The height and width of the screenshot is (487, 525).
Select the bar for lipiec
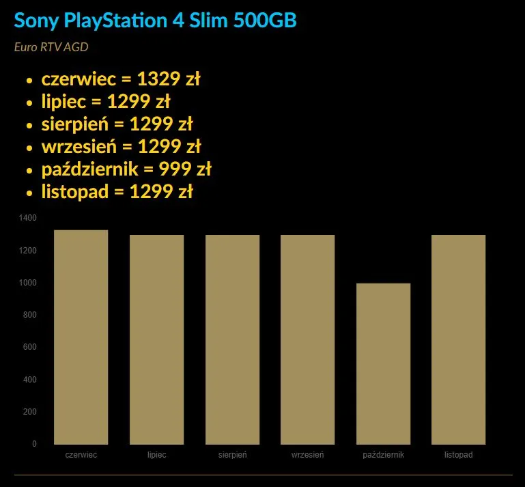[156, 339]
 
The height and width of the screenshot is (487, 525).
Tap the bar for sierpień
[232, 339]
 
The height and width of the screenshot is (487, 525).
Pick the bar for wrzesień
[307, 339]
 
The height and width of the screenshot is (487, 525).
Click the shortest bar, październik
[383, 363]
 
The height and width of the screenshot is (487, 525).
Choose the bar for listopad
[458, 339]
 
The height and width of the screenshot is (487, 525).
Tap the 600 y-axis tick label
[31, 347]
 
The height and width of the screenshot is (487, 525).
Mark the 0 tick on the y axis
[34, 444]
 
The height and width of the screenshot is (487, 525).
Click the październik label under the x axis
[383, 455]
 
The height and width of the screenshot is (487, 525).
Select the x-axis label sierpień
[232, 455]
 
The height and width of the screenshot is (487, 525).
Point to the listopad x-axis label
[458, 455]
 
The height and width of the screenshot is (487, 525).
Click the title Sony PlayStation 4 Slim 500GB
[155, 20]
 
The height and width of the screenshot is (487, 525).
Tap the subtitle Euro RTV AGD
[51, 47]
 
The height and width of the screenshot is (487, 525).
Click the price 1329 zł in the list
[169, 80]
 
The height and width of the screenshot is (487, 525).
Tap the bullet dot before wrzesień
[29, 148]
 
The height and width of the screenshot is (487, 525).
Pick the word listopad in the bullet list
[75, 192]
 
